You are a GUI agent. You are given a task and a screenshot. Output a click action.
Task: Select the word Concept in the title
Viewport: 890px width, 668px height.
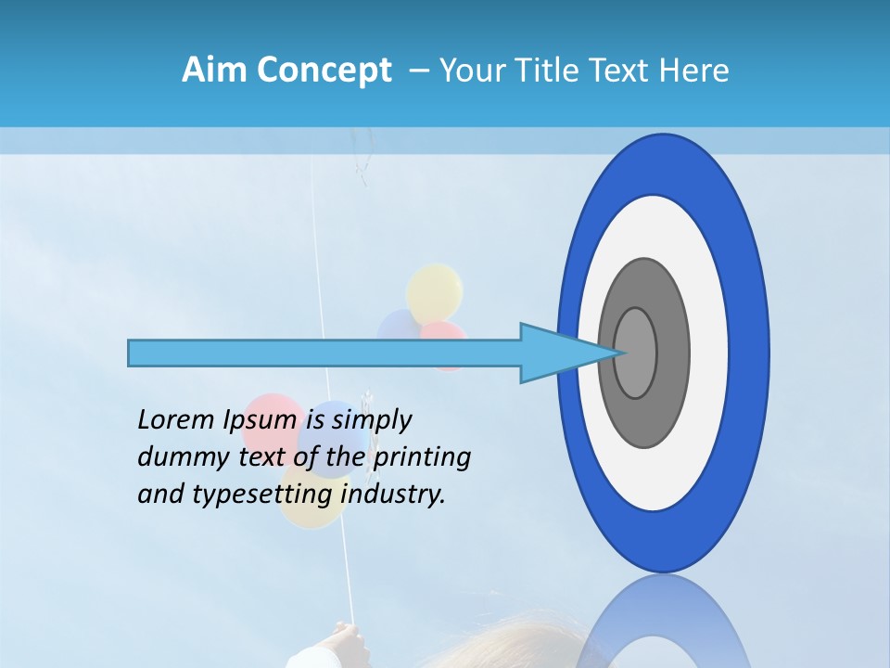(x=324, y=71)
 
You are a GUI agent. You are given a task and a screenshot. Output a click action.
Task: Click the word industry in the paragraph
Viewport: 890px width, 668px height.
(x=393, y=495)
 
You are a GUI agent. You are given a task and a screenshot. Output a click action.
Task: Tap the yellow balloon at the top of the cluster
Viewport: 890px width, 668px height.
(x=434, y=291)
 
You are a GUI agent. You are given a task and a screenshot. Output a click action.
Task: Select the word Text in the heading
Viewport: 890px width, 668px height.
(x=622, y=71)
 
